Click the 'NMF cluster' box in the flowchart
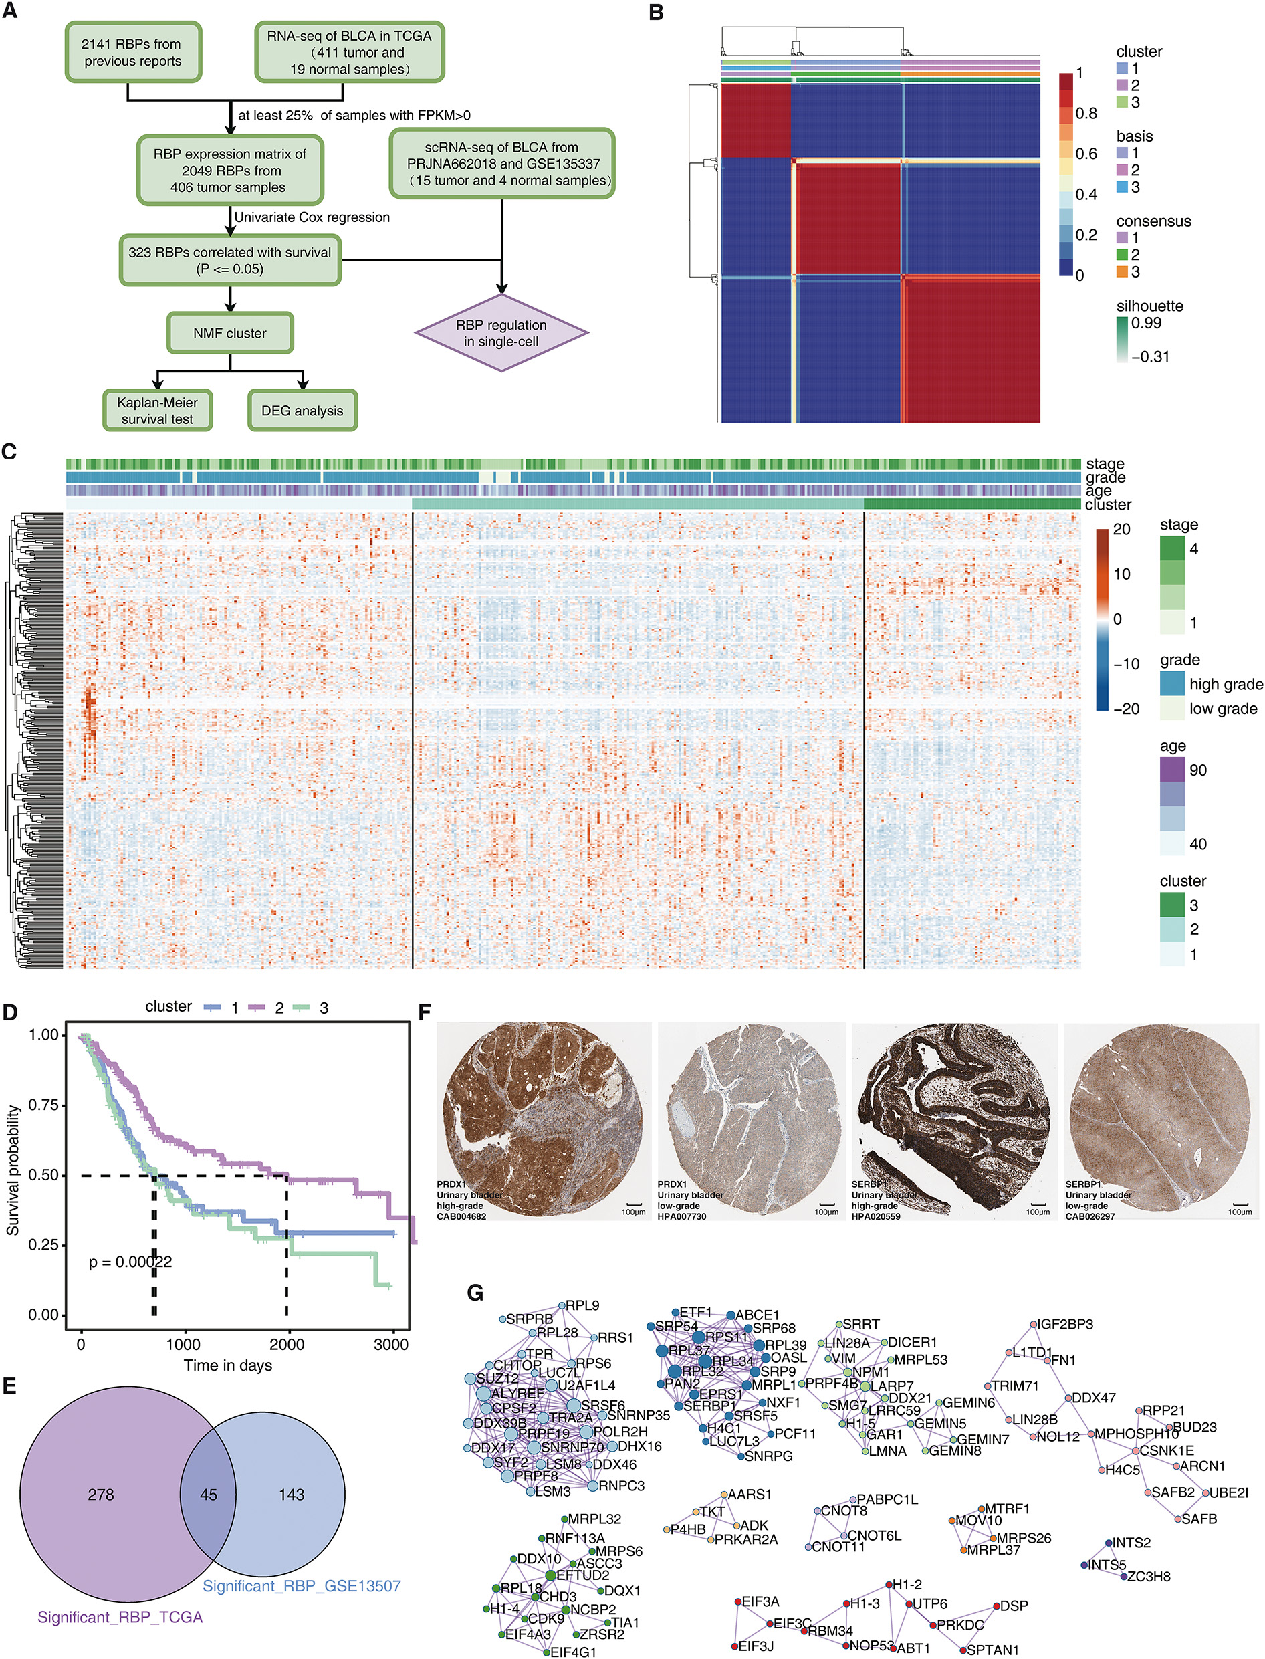pos(229,333)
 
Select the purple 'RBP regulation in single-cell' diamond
pos(501,333)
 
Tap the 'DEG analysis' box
pos(302,411)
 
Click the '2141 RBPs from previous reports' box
pos(133,53)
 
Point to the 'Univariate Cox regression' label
pos(312,217)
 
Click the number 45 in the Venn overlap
pos(209,1494)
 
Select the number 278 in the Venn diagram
pos(101,1494)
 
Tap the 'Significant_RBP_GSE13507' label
pos(301,1586)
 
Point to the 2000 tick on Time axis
pos(287,1345)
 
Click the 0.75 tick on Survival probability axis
pos(43,1105)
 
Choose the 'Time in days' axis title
pos(227,1365)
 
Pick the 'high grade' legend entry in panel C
pos(1226,685)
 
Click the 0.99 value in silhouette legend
pos(1146,323)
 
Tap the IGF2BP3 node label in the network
pos(1066,1325)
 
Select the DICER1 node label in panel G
pos(912,1343)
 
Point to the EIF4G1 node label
pos(573,1652)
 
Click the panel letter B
pos(656,13)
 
